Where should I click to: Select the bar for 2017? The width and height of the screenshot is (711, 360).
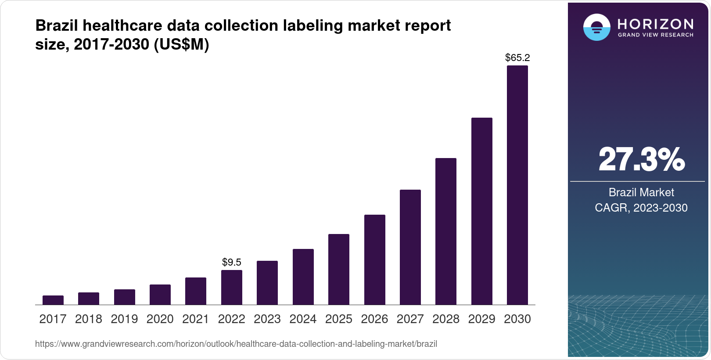53,300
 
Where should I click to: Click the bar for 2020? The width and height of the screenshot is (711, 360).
160,295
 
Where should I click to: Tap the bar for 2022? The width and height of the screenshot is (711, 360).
232,288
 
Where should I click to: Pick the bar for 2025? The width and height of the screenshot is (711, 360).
339,270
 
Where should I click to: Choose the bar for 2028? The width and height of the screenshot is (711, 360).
446,231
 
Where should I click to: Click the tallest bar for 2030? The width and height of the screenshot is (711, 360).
517,185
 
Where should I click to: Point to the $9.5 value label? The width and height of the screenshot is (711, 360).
232,262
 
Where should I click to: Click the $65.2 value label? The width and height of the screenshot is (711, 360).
517,58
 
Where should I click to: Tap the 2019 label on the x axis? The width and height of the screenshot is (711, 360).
124,319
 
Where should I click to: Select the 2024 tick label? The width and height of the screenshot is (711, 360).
303,319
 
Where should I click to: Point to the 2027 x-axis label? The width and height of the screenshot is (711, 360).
410,319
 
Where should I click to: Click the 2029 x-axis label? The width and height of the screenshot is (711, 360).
481,319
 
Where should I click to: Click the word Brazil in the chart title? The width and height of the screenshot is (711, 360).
57,26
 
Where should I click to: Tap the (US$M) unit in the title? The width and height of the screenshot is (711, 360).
181,44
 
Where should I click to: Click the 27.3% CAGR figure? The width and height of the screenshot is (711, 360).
641,160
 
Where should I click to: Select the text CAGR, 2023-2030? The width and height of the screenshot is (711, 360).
641,208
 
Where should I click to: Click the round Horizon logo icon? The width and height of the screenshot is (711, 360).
596,27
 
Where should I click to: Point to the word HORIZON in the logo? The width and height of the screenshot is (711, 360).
655,24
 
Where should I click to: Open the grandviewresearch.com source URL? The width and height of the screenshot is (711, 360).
236,344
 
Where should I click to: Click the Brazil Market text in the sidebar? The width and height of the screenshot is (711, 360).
641,192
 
